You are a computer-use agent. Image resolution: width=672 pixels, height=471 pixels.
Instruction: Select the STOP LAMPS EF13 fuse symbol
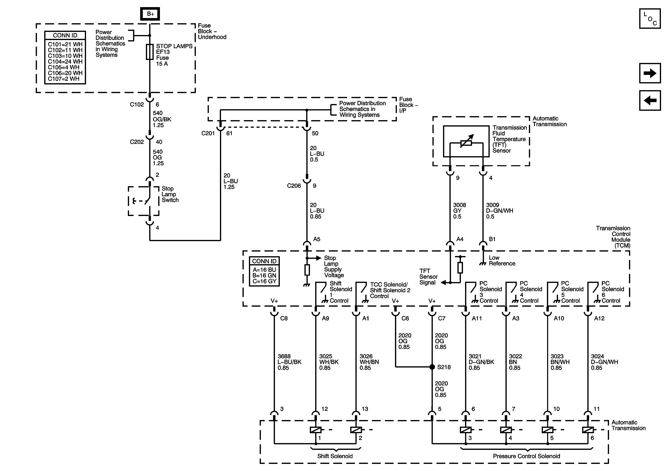pos(150,52)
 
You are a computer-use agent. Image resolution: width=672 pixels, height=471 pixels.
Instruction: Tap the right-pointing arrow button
pos(650,73)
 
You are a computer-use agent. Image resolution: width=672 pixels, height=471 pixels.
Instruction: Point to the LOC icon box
pos(650,18)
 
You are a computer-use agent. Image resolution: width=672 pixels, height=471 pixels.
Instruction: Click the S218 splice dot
pos(432,367)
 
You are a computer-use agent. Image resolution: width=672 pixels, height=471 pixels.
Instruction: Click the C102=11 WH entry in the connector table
pos(65,50)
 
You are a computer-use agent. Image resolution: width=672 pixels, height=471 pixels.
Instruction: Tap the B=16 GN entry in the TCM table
pos(264,275)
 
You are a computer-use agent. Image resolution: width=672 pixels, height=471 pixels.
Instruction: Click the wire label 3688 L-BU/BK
pos(289,362)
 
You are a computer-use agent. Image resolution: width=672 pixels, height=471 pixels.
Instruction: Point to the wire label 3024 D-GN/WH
pos(604,362)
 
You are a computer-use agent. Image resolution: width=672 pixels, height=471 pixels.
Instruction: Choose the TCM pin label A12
pos(599,318)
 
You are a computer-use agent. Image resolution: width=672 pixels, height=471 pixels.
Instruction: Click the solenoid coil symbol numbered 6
pos(588,430)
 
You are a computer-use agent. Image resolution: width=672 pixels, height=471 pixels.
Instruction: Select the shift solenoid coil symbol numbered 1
pos(316,430)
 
